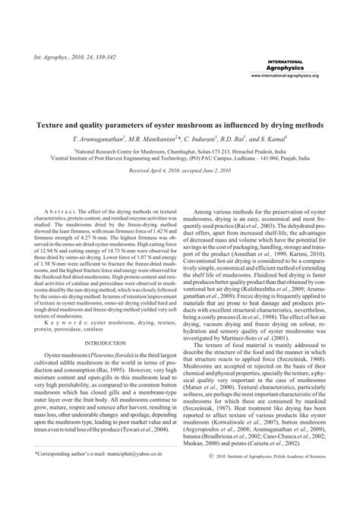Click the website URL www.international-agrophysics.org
(284, 76)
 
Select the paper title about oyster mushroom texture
(179, 123)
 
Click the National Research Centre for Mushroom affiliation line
(179, 152)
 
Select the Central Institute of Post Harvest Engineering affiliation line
(179, 160)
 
